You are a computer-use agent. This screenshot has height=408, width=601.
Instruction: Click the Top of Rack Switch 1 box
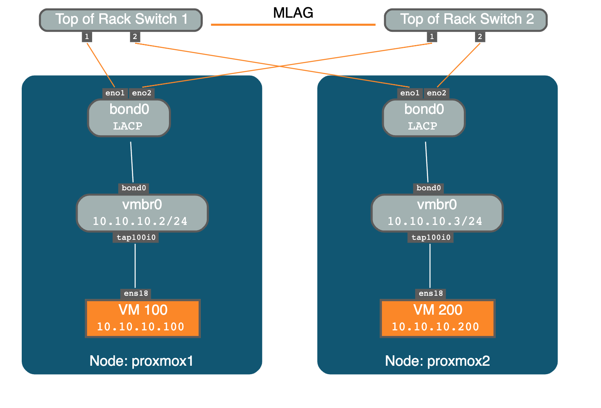121,20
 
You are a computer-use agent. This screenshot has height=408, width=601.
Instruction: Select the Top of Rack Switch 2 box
465,20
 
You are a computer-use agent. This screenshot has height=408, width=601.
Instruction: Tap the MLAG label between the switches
293,13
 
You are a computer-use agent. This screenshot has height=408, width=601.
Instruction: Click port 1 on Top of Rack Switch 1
87,37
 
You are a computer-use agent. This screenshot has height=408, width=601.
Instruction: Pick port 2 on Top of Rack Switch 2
480,37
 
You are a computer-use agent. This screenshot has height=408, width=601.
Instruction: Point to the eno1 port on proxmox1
115,93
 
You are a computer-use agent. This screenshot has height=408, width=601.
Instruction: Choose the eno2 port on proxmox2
436,93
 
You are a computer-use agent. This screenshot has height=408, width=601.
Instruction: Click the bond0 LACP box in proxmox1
129,117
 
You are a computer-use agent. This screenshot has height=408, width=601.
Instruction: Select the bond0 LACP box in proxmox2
424,117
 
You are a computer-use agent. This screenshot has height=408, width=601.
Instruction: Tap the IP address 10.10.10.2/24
140,221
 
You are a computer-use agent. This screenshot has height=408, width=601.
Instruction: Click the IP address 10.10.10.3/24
435,221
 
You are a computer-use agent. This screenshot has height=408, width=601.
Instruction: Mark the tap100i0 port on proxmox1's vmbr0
136,237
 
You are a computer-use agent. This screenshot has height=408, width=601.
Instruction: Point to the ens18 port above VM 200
431,293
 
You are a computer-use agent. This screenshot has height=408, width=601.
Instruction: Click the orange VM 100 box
143,318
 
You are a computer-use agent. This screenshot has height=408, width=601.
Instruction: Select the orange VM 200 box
438,318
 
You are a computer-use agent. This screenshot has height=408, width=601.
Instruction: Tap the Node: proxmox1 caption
142,361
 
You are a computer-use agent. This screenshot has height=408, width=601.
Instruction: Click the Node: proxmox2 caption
437,361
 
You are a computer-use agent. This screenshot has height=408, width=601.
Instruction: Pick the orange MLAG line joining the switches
293,25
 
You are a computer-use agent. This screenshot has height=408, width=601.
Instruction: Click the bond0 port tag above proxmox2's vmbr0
428,188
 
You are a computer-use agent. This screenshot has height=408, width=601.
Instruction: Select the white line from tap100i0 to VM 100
135,266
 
